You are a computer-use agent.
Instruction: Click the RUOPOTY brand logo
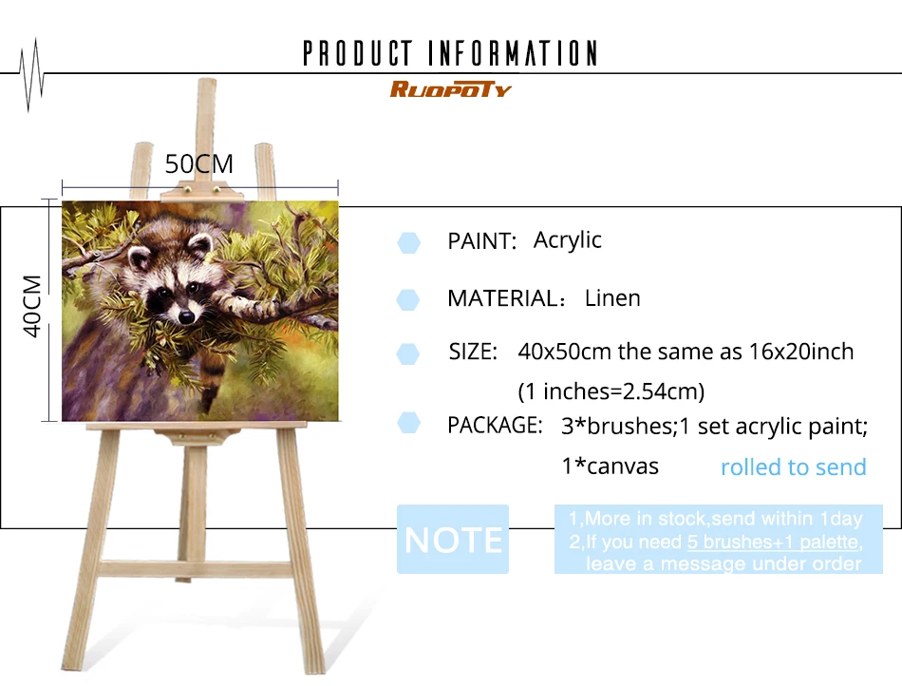tap(450, 89)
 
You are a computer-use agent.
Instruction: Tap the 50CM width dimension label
tap(199, 164)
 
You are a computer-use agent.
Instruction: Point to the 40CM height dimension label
tap(32, 306)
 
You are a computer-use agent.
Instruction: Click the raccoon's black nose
tap(186, 316)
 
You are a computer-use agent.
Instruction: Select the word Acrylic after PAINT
tap(567, 240)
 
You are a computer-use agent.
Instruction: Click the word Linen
tap(612, 298)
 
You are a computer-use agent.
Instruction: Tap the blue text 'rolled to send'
tap(793, 467)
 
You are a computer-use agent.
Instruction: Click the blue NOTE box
tap(453, 540)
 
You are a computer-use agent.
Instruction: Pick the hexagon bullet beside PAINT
tap(408, 243)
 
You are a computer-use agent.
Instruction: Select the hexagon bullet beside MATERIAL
tap(408, 300)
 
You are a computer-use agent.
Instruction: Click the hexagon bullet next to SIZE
tap(408, 354)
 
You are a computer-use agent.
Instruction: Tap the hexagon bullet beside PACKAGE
tap(408, 423)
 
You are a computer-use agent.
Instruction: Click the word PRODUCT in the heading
tap(358, 53)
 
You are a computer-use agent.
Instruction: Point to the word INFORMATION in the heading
tap(513, 53)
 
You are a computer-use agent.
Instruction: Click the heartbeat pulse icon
tap(31, 75)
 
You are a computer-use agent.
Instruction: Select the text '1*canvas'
tap(610, 467)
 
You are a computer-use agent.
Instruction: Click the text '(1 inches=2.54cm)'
tap(611, 391)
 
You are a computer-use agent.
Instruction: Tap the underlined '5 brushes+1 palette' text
tap(773, 542)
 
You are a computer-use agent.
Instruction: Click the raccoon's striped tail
tap(212, 379)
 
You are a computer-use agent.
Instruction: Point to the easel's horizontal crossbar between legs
tap(196, 568)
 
